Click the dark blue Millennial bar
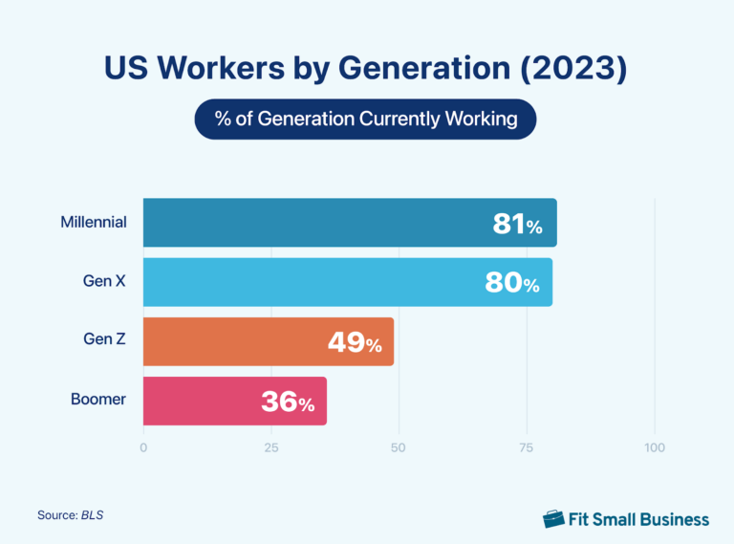[x=315, y=223]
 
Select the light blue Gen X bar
[x=315, y=282]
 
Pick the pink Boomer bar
[x=201, y=401]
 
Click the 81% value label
[x=517, y=225]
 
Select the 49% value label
[x=355, y=342]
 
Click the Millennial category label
[x=93, y=223]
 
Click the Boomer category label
[x=98, y=400]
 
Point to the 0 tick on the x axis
[x=143, y=447]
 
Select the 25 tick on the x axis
[x=271, y=447]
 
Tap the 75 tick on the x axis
[x=527, y=447]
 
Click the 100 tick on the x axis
[x=655, y=447]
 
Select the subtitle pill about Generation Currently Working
[x=366, y=120]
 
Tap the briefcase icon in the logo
[x=553, y=518]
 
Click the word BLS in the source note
[x=93, y=515]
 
